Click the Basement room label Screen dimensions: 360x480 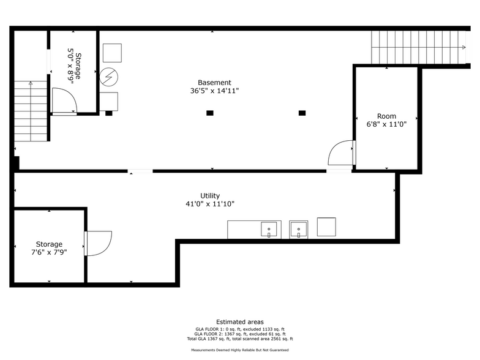pos(214,83)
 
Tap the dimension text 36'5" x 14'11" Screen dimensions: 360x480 pos(214,91)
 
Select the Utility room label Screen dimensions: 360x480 pos(210,196)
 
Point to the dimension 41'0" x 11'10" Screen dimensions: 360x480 pos(210,204)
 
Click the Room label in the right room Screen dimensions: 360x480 pos(386,116)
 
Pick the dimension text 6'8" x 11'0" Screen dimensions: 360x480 pos(386,124)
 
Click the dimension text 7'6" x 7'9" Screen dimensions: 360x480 pos(49,252)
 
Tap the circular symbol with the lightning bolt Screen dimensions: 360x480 pos(109,76)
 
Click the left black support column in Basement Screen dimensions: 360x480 pos(210,113)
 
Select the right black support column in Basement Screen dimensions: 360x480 pos(302,113)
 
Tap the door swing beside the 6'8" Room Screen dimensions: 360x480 pos(341,153)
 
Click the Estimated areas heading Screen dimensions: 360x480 pos(240,322)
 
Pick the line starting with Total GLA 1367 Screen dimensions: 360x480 pos(240,339)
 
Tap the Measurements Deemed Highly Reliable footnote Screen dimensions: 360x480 pos(240,350)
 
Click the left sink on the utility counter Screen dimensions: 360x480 pos(268,230)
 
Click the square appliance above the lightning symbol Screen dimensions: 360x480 pos(112,52)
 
